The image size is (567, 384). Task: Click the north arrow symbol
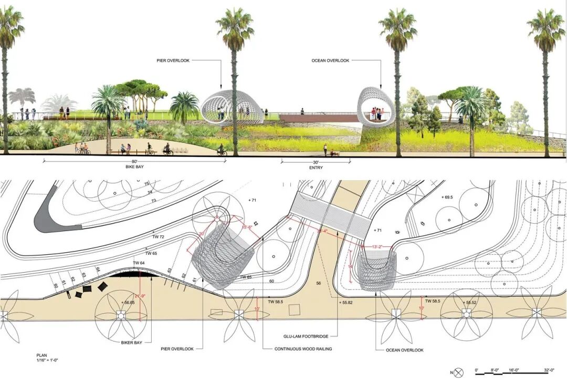[x=459, y=372]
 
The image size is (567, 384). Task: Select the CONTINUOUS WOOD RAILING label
[x=303, y=349]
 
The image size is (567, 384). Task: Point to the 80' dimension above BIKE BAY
[x=134, y=161]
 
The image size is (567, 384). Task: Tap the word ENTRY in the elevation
[x=316, y=168]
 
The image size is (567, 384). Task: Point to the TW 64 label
[x=139, y=263]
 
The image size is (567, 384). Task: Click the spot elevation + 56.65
[x=128, y=303]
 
